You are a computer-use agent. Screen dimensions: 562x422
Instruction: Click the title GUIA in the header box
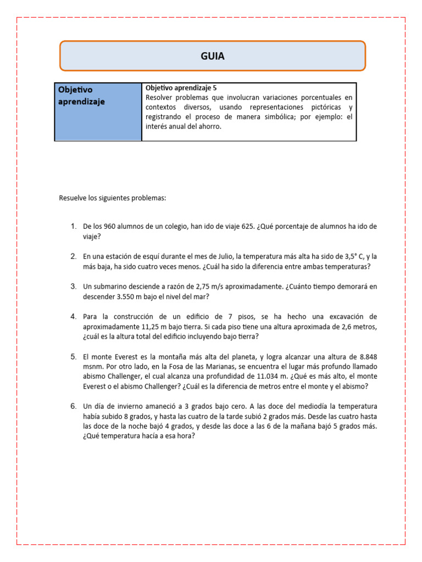pyautogui.click(x=212, y=56)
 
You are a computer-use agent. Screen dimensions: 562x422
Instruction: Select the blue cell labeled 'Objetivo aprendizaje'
pyautogui.click(x=98, y=111)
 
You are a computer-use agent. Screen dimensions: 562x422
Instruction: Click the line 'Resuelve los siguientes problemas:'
pyautogui.click(x=112, y=198)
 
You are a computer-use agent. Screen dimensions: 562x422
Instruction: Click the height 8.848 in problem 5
pyautogui.click(x=366, y=357)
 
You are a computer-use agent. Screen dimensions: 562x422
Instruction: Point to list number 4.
pyautogui.click(x=73, y=317)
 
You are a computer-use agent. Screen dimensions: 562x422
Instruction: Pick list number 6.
pyautogui.click(x=73, y=407)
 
